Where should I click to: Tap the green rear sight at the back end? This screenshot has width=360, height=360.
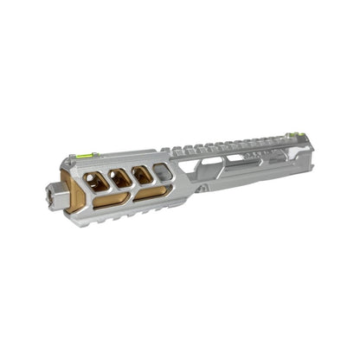coord(294,134)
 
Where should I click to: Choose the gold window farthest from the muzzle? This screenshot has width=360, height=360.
coord(141,173)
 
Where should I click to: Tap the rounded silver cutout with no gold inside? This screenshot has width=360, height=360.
coord(163,170)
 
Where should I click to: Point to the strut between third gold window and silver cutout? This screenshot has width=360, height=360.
coord(152,172)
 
